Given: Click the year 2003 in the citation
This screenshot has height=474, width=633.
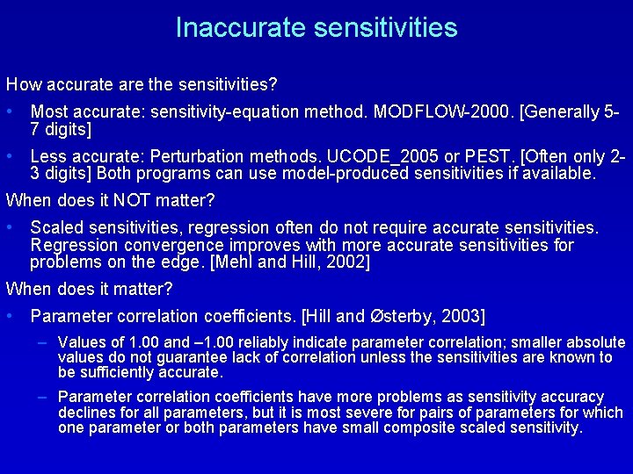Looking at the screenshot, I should tap(462, 315).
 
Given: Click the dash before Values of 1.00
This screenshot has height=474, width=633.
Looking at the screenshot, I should tap(42, 342).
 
